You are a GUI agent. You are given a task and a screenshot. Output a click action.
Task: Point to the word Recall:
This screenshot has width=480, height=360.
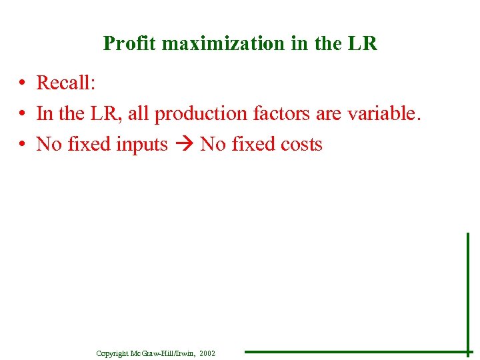point(66,83)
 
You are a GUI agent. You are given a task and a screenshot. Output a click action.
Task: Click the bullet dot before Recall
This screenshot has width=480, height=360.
point(23,83)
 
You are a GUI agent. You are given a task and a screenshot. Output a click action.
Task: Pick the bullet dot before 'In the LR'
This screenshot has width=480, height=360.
point(23,114)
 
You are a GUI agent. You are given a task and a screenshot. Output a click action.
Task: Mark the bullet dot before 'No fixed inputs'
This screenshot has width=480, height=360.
point(23,145)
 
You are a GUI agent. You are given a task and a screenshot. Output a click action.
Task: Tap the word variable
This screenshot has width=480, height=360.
point(384,113)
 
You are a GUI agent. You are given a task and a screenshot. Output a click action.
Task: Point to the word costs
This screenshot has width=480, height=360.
point(300,144)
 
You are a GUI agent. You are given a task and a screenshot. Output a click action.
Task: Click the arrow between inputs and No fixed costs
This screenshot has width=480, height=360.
point(184,145)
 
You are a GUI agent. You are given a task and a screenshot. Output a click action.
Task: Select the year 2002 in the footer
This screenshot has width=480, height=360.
point(207,353)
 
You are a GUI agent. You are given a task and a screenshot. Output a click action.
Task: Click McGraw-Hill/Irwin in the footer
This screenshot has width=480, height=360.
point(163,353)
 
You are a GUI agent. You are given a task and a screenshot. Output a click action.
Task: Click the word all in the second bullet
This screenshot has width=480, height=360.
point(138,113)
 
